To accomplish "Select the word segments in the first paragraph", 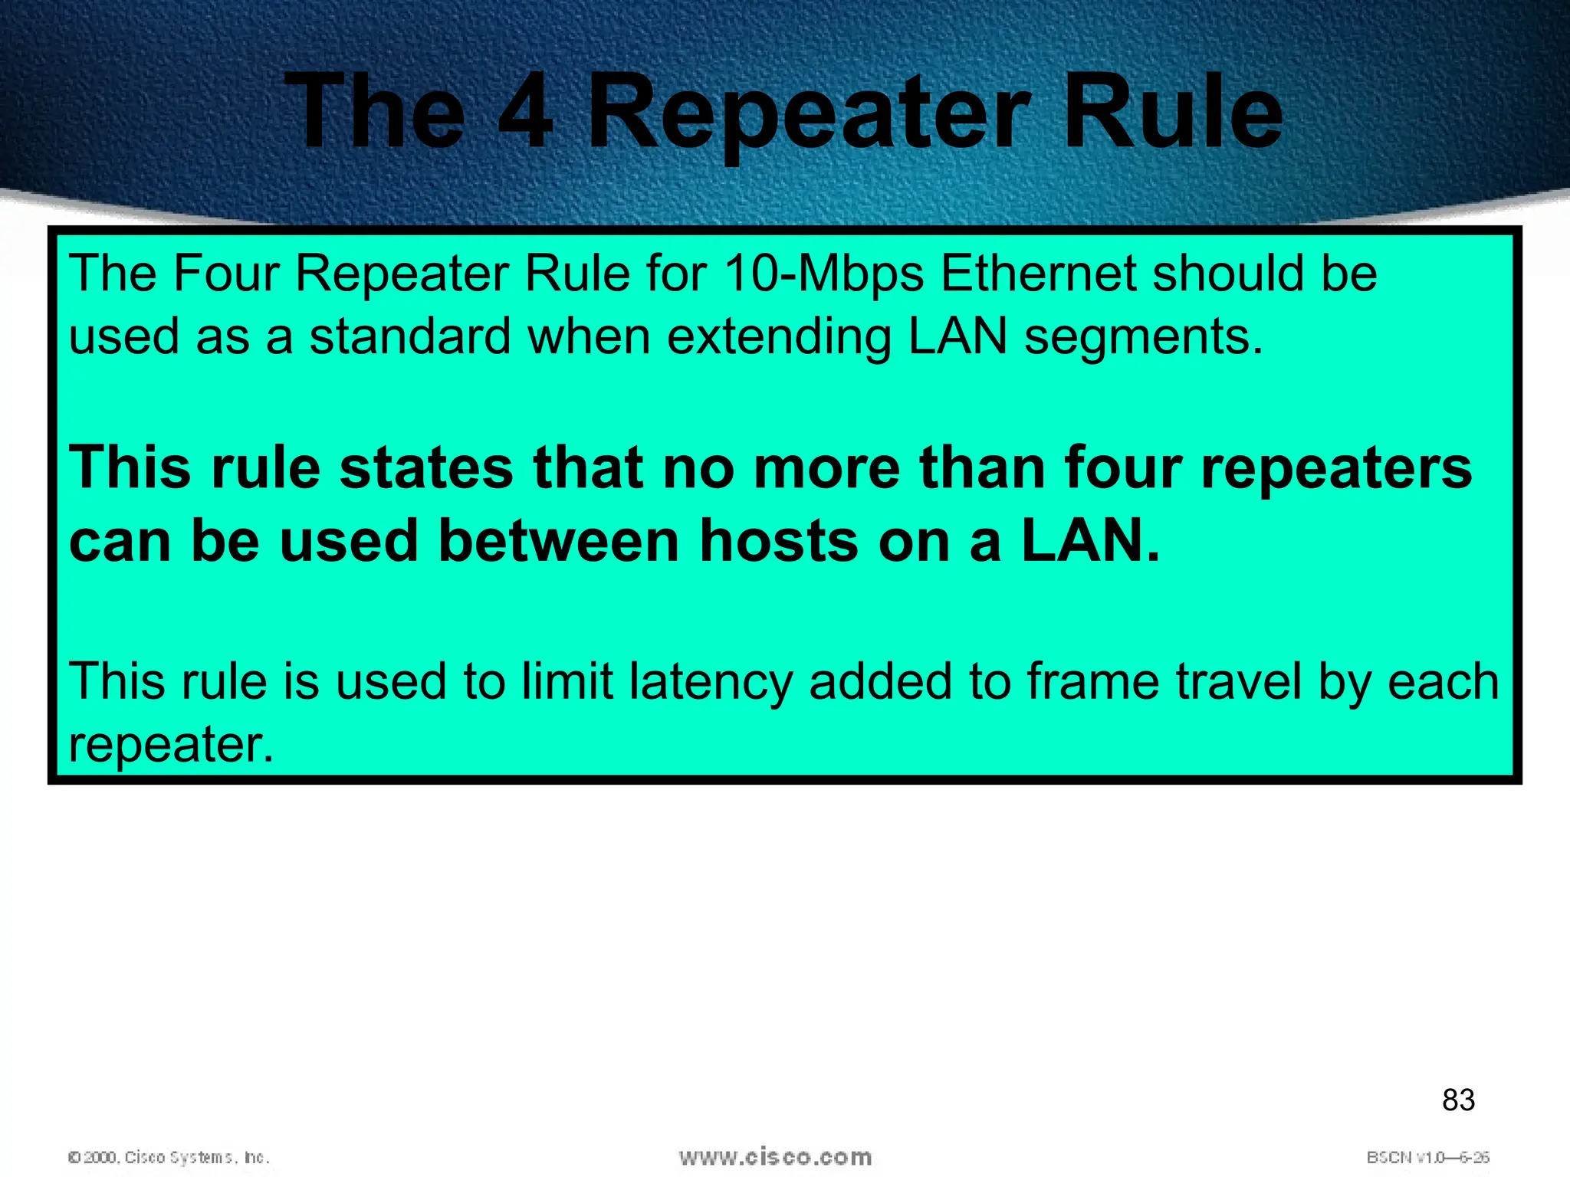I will pos(1142,338).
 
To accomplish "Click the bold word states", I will pos(426,468).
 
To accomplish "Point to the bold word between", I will pos(559,541).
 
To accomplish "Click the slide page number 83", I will pos(1458,1100).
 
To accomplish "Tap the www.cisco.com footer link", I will pos(775,1157).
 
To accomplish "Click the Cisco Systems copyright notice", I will pos(169,1157).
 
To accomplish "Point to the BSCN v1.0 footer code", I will pos(1427,1157).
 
